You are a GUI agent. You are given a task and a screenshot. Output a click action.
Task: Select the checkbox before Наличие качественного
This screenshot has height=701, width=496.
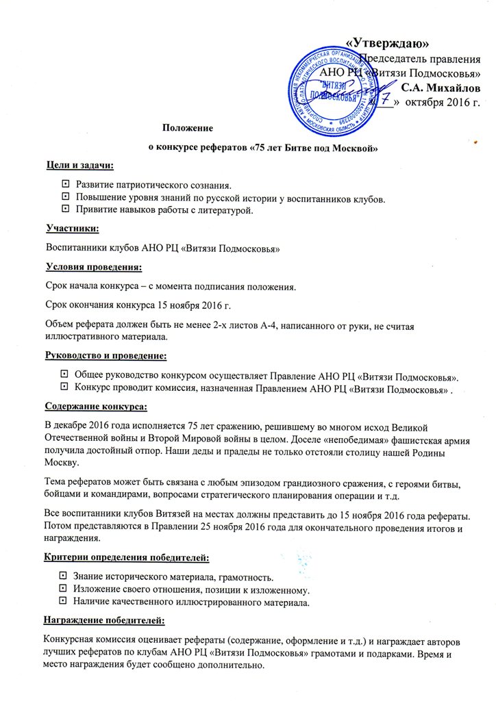(63, 602)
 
